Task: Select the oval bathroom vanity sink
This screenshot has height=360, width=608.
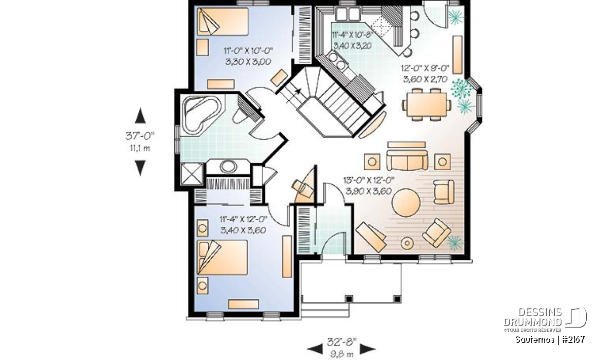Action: (x=228, y=167)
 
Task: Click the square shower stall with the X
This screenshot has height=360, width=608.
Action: (x=192, y=174)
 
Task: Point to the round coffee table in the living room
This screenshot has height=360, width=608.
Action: (x=406, y=203)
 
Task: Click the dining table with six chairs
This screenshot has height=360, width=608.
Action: (x=427, y=104)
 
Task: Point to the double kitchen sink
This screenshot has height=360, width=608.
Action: (x=347, y=14)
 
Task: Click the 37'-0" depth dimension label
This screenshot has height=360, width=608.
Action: (x=140, y=136)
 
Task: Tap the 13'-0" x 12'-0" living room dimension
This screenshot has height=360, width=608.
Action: (x=369, y=180)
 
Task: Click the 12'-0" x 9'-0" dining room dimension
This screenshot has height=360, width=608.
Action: (x=425, y=68)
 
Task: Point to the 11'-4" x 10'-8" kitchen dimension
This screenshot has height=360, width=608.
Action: (x=352, y=34)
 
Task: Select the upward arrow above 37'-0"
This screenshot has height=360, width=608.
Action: (x=140, y=115)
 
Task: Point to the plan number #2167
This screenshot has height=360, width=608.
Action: (x=573, y=339)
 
